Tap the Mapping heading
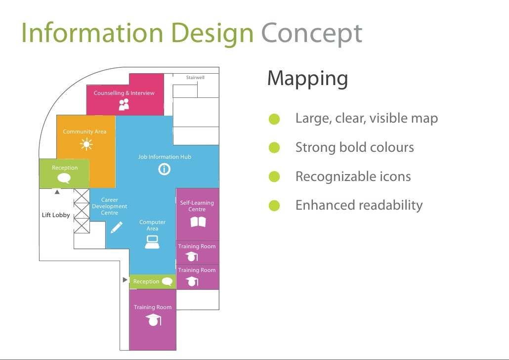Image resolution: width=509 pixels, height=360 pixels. [307, 79]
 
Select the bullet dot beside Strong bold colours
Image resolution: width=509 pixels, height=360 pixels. [274, 148]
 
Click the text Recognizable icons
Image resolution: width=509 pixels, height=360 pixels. [353, 177]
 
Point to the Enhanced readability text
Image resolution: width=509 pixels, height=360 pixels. [359, 205]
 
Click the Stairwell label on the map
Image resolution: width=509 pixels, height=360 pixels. [195, 78]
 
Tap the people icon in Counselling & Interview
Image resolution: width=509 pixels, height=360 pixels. [124, 104]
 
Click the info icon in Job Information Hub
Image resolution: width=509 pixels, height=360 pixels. [164, 170]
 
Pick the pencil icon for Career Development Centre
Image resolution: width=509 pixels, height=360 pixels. [117, 227]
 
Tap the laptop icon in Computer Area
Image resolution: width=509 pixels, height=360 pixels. [152, 242]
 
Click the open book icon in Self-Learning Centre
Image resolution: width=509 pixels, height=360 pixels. [198, 222]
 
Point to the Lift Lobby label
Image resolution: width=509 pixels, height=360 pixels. [56, 215]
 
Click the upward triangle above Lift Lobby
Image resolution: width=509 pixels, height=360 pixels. [57, 192]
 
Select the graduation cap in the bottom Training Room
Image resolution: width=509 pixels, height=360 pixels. [153, 320]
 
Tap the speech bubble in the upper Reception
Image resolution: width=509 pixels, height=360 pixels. [64, 179]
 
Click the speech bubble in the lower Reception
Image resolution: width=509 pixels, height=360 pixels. [167, 281]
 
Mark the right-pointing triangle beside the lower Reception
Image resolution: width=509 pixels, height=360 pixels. [125, 280]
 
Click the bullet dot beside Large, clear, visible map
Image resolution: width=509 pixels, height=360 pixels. [274, 119]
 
